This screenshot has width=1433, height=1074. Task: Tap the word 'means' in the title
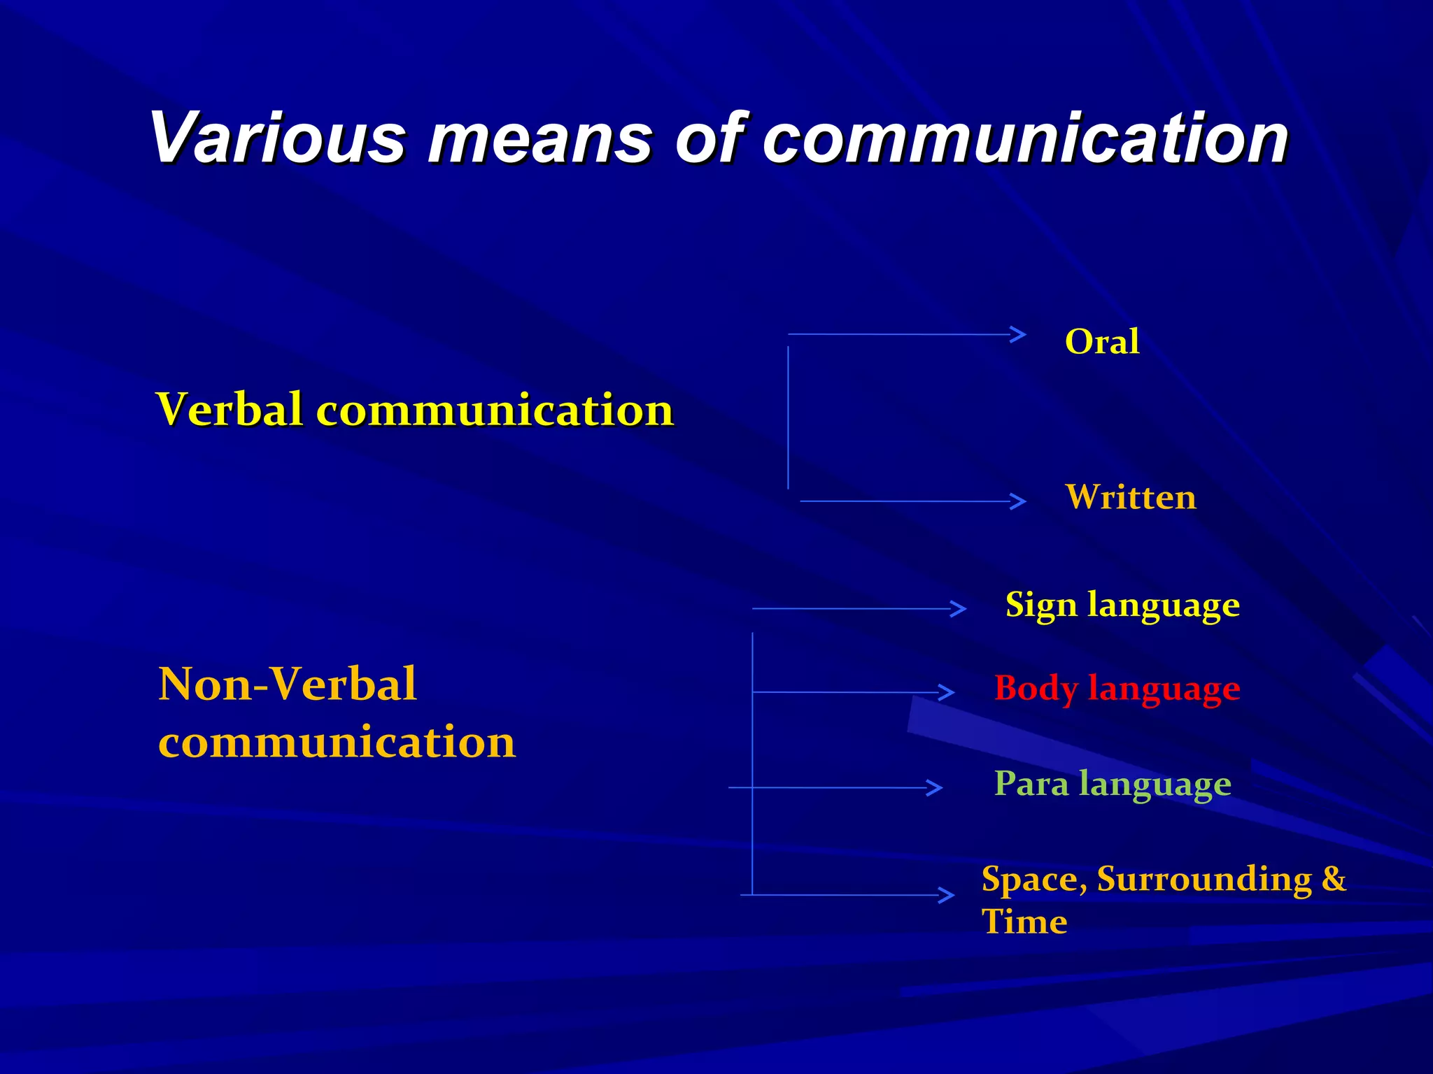click(539, 138)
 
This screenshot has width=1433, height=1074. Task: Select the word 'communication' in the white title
click(1025, 138)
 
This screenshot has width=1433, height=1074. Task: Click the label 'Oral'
click(1101, 342)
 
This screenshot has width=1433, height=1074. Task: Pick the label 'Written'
click(1131, 497)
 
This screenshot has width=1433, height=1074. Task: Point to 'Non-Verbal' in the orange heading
click(288, 684)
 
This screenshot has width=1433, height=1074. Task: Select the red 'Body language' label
click(1117, 688)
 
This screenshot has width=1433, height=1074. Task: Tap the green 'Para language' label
click(1113, 783)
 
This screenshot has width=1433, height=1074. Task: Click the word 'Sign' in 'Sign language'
click(1040, 605)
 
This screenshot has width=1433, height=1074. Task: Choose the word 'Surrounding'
click(1203, 879)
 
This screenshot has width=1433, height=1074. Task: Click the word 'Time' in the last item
click(1024, 922)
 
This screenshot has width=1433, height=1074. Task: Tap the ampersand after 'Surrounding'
click(1334, 878)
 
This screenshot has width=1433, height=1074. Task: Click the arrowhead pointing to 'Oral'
click(1019, 334)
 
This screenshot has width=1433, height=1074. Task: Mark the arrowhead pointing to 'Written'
click(1019, 501)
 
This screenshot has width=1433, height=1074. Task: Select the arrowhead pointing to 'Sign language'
click(959, 609)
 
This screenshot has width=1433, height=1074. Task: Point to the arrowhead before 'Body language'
click(947, 692)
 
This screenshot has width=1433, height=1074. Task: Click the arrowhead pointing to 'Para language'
click(936, 788)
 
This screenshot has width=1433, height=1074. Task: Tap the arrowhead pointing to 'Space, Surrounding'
click(947, 895)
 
